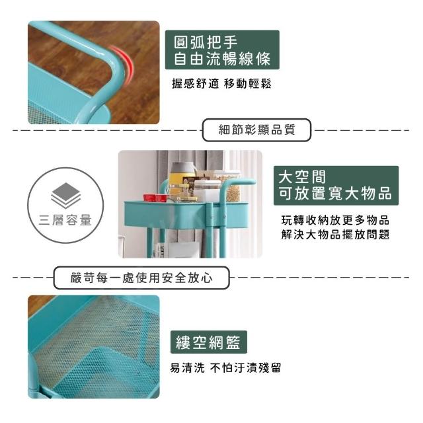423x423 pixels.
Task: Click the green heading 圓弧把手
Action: [x=206, y=42]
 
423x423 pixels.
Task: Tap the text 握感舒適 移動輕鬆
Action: [x=221, y=84]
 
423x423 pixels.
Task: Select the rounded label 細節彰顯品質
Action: [x=256, y=130]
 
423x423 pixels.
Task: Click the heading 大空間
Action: [x=302, y=176]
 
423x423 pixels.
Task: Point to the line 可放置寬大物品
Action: [x=335, y=193]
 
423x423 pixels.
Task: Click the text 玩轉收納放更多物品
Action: [x=335, y=220]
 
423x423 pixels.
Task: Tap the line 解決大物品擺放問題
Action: [x=335, y=234]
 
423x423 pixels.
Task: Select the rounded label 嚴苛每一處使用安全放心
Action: [x=141, y=278]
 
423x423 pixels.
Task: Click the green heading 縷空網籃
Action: [x=208, y=342]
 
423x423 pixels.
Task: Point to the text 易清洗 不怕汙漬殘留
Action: [x=225, y=367]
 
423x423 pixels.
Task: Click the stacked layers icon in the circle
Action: [x=66, y=196]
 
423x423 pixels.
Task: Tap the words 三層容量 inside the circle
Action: [x=65, y=220]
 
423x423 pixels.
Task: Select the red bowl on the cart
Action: [x=155, y=198]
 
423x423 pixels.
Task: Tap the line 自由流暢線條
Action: [x=222, y=59]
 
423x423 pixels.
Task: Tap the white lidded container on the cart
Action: [x=207, y=190]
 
